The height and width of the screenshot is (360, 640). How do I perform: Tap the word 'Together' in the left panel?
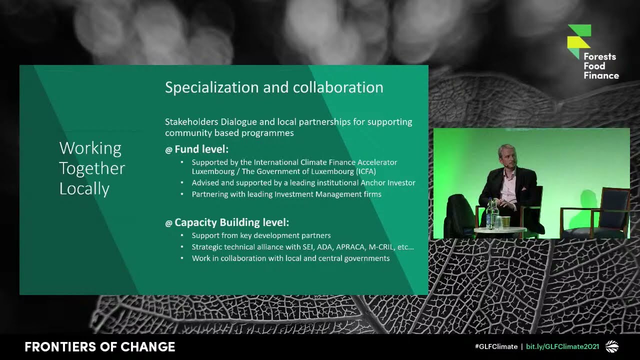pos(92,168)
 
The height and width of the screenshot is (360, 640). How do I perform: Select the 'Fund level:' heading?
pos(201,149)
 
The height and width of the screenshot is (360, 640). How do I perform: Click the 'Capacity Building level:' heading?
pos(231,222)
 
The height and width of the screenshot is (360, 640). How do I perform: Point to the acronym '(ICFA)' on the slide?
pos(359,171)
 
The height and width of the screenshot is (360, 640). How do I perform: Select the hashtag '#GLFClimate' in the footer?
pos(496,346)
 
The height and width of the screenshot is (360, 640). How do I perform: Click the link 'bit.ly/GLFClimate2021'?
pos(562,346)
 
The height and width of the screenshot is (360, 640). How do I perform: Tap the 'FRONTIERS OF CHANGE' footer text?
pos(100,347)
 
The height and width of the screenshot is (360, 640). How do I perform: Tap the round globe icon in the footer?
pos(612,346)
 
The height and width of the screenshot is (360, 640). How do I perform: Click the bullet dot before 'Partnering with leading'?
pos(180,194)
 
